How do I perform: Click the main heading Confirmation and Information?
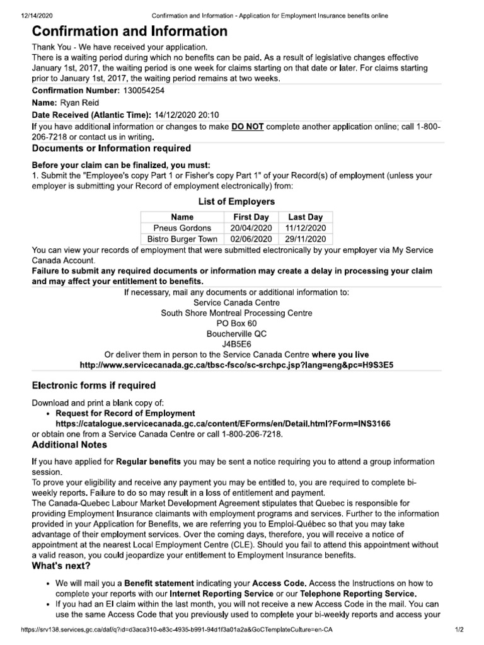(x=130, y=31)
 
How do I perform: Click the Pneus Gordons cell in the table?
(x=182, y=228)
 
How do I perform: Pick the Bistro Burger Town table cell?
(x=182, y=239)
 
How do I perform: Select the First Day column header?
(x=251, y=217)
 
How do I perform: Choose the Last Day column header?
(x=305, y=217)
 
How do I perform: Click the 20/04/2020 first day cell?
(x=251, y=228)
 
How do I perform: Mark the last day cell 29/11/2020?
(x=305, y=239)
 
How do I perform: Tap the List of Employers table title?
(x=236, y=202)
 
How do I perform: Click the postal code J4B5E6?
(x=236, y=345)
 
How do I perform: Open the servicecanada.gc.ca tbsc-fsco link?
(x=236, y=365)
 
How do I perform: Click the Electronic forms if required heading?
(x=93, y=385)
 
